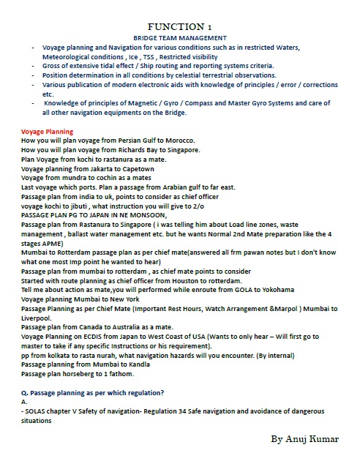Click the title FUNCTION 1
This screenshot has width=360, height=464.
(179, 26)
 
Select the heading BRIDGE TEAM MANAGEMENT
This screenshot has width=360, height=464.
(179, 37)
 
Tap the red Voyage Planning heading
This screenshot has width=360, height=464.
(47, 132)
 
